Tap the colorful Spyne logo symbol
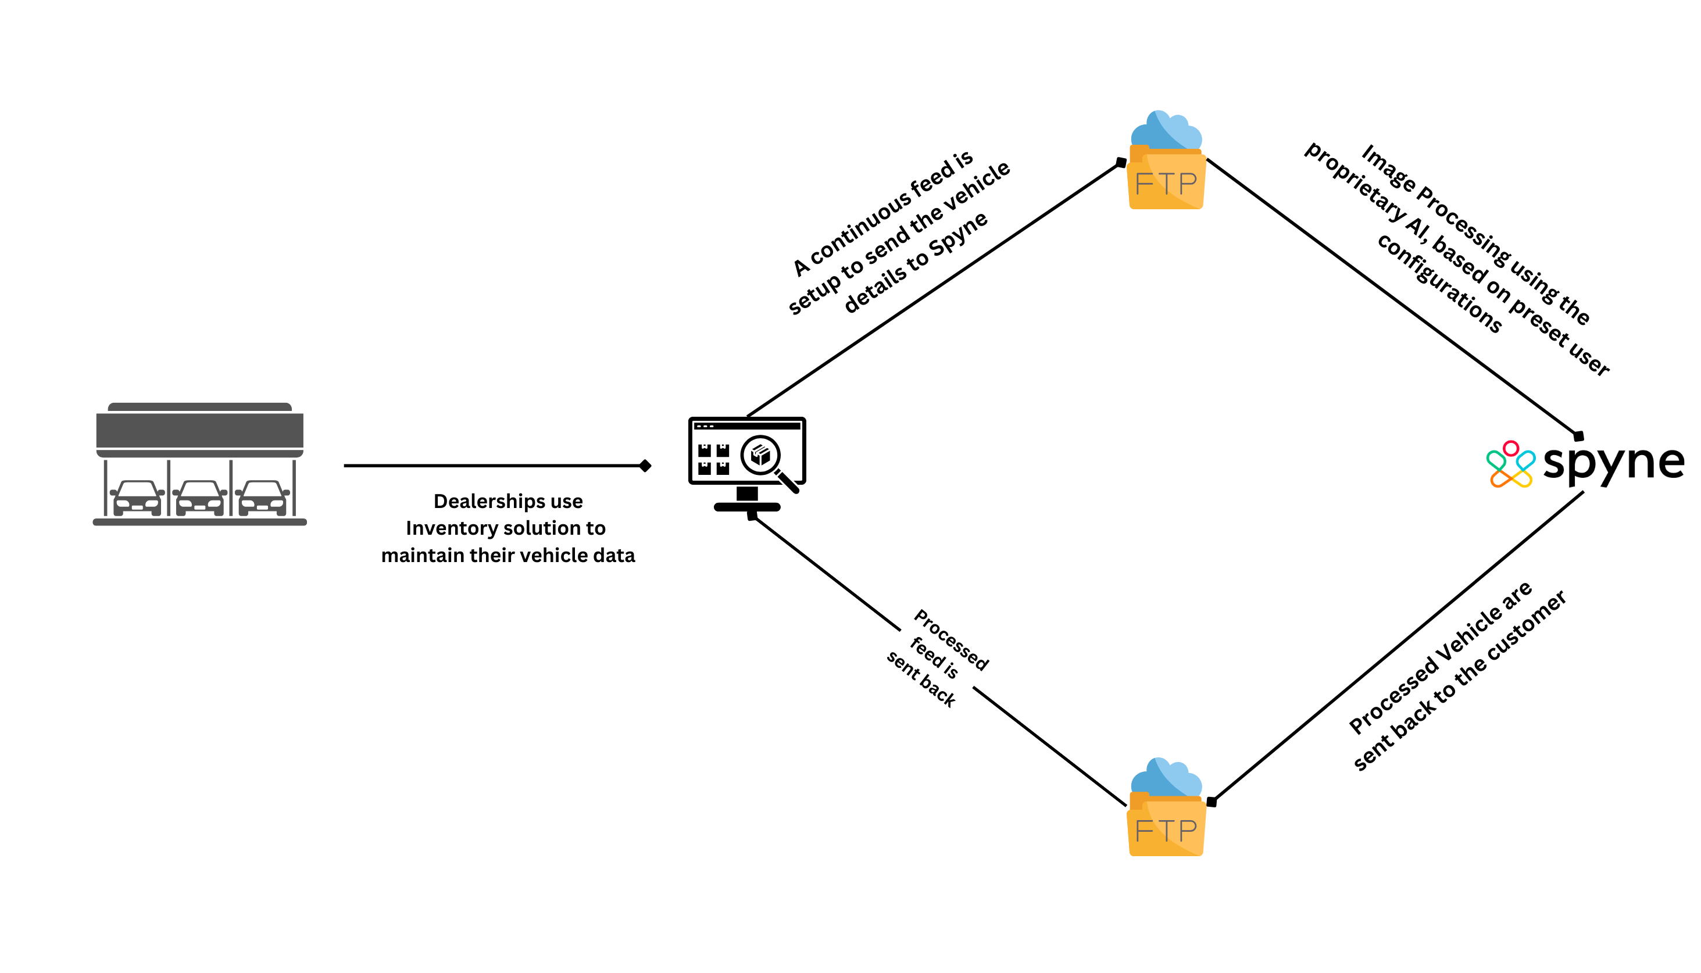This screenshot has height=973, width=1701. coord(1510,464)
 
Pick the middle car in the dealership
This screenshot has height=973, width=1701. coord(199,499)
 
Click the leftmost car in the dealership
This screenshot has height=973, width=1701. coord(137,499)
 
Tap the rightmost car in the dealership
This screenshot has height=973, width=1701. coord(262,499)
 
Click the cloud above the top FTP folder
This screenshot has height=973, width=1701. coord(1166,130)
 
